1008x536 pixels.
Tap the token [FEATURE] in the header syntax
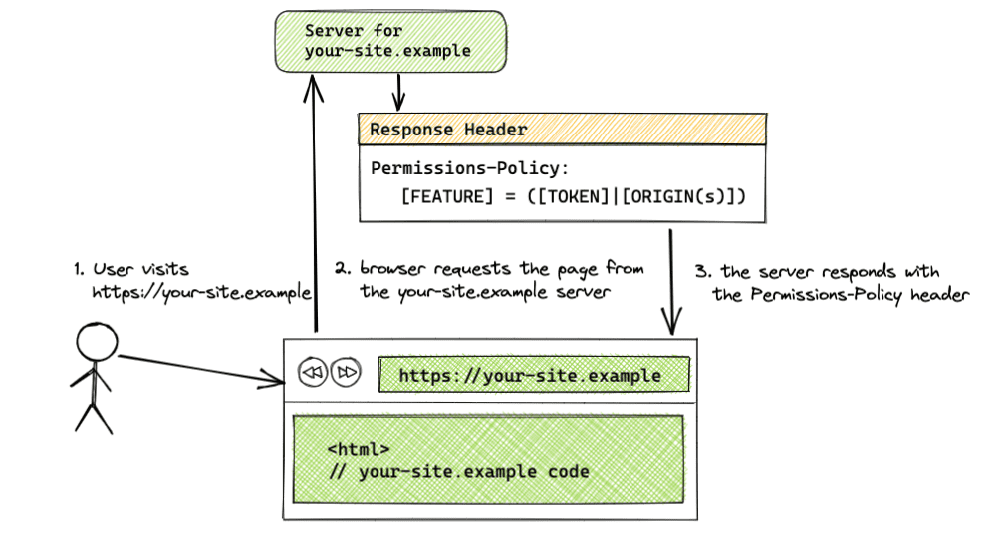pyautogui.click(x=447, y=196)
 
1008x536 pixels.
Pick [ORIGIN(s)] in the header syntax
pyautogui.click(x=681, y=196)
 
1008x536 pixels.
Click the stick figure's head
pyautogui.click(x=97, y=345)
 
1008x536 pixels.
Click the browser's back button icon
pyautogui.click(x=312, y=373)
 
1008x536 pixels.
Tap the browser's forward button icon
pyautogui.click(x=345, y=373)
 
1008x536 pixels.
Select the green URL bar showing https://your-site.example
pyautogui.click(x=533, y=375)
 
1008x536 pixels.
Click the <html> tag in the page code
pyautogui.click(x=358, y=449)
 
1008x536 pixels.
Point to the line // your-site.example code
pyautogui.click(x=458, y=471)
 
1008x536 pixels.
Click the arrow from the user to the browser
pyautogui.click(x=199, y=368)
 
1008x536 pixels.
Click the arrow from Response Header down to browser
pyautogui.click(x=671, y=279)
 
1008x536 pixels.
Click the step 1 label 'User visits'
pyautogui.click(x=139, y=269)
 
